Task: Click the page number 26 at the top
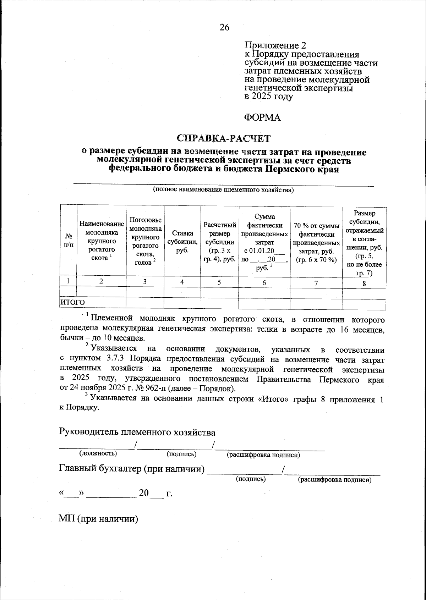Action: click(x=224, y=27)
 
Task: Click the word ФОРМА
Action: click(x=262, y=117)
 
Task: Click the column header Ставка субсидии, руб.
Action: click(x=182, y=241)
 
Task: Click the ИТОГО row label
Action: click(x=73, y=302)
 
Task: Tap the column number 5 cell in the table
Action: click(x=219, y=282)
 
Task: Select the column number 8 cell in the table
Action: click(x=364, y=283)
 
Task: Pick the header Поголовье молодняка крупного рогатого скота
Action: click(x=145, y=241)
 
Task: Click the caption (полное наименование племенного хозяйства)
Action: click(x=223, y=190)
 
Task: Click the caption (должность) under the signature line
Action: click(x=98, y=453)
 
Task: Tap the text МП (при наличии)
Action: click(x=98, y=519)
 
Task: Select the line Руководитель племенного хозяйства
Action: click(x=137, y=432)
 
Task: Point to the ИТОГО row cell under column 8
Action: click(x=364, y=304)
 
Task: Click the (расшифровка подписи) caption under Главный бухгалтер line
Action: click(x=334, y=480)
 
